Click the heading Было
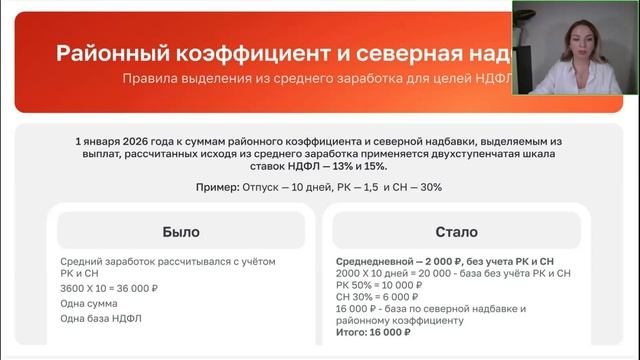click(180, 231)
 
